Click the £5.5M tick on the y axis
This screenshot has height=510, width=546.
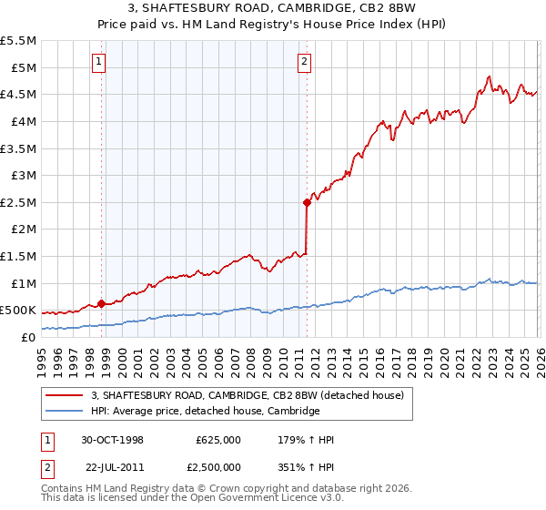click(x=19, y=41)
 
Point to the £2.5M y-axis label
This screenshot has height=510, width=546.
click(x=19, y=202)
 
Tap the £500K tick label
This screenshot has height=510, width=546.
click(x=18, y=311)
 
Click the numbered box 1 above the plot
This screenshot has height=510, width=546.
click(x=98, y=62)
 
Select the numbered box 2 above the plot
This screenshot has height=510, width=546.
click(x=304, y=62)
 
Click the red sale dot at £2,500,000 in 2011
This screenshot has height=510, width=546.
click(x=307, y=203)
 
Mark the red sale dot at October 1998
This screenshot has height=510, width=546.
click(x=102, y=303)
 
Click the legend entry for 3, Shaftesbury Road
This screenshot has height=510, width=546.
click(x=253, y=395)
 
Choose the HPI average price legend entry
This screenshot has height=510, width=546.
click(x=206, y=412)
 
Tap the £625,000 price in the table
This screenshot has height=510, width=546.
click(x=218, y=440)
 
